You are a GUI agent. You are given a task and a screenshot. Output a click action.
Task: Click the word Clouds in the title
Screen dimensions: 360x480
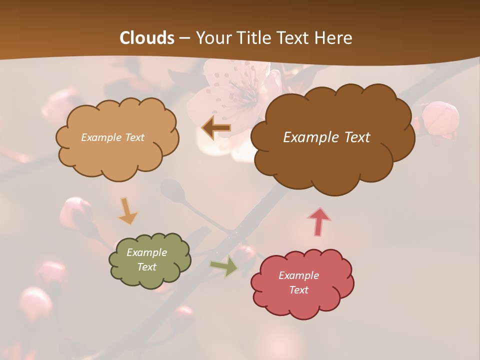147,38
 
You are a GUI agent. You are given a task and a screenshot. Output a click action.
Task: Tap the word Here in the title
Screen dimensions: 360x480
334,38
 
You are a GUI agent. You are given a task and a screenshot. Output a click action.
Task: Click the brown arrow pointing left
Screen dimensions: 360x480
216,128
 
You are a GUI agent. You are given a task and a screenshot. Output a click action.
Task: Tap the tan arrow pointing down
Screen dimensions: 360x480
127,210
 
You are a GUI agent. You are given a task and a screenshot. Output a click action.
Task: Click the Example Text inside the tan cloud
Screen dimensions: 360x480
112,137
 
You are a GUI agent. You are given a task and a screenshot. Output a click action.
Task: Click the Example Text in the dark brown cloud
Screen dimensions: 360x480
326,137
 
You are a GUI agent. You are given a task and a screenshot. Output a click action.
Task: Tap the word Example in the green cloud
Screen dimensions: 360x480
146,252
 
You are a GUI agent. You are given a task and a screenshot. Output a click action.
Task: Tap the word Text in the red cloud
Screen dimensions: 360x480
298,290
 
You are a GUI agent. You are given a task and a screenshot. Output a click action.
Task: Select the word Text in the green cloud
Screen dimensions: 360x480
146,267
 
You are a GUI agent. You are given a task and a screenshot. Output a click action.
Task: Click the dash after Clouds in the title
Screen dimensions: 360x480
184,38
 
